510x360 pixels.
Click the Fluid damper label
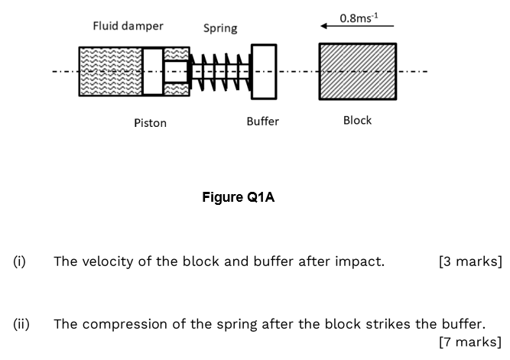[128, 26]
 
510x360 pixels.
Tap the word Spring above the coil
[220, 28]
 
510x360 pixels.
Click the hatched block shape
[357, 71]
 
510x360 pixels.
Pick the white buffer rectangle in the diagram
[263, 71]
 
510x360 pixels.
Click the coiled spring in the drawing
[222, 71]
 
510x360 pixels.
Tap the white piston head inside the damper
[153, 72]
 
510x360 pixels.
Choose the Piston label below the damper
[150, 122]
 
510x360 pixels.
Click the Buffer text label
[262, 122]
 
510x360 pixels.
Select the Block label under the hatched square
[357, 120]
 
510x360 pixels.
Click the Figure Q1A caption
[238, 197]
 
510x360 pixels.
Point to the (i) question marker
[19, 261]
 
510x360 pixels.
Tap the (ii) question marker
[21, 323]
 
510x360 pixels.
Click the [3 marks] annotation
[470, 261]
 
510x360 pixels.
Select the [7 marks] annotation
[470, 342]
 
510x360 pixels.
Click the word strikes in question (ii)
[371, 323]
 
